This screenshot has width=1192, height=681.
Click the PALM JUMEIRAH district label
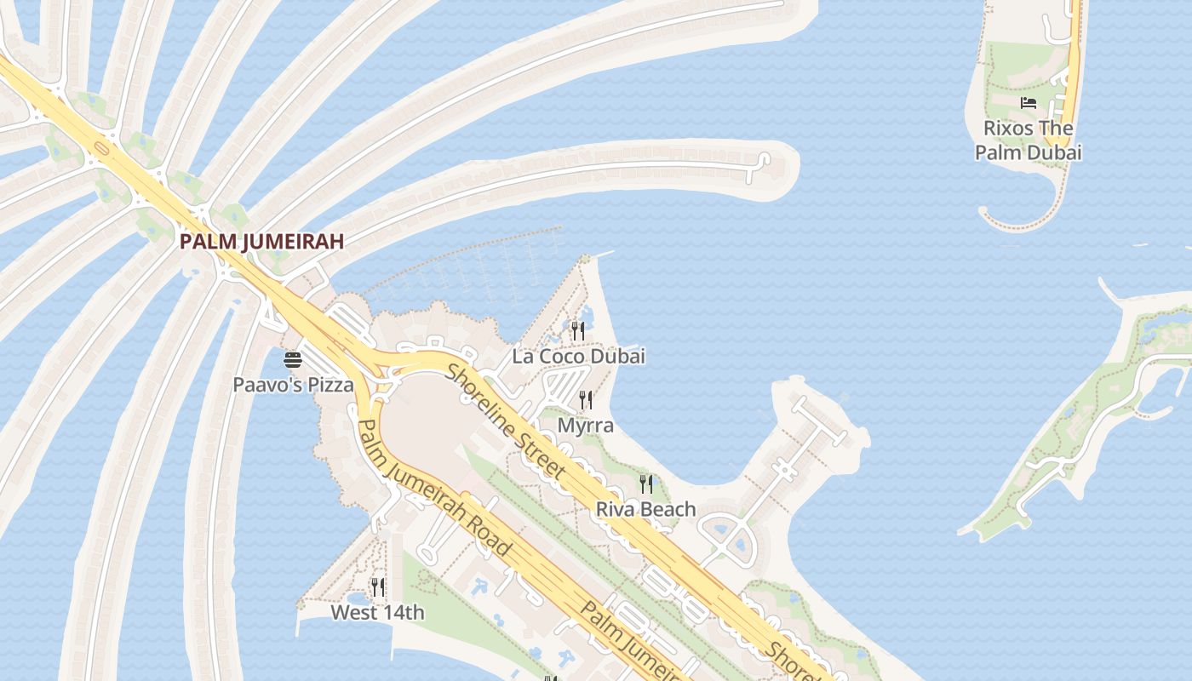click(261, 242)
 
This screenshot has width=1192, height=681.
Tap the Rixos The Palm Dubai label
click(1029, 140)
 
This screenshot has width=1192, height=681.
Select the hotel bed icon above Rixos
click(1029, 103)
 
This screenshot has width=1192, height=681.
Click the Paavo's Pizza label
click(293, 385)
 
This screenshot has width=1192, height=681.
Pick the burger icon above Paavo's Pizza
click(293, 360)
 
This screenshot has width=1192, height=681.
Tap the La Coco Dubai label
click(578, 357)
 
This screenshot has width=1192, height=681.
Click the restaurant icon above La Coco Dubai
click(578, 330)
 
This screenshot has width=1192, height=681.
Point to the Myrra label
click(586, 425)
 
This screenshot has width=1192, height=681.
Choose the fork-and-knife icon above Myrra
click(586, 399)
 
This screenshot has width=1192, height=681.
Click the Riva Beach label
click(646, 510)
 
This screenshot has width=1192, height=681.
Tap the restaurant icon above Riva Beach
click(646, 484)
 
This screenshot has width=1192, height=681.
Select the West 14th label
click(377, 612)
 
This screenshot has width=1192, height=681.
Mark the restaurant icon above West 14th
click(377, 587)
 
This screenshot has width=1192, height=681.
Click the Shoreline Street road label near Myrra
click(506, 421)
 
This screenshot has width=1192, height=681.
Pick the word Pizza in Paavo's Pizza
click(330, 385)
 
